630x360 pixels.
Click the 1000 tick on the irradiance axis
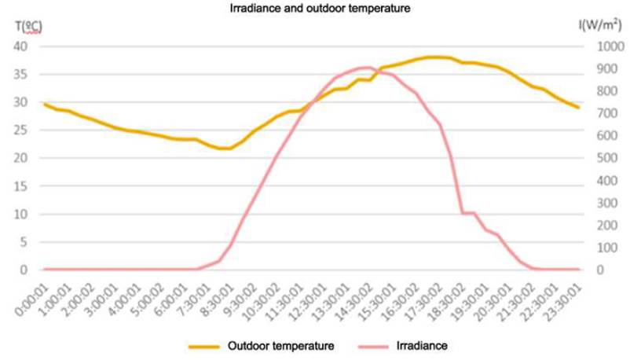606,46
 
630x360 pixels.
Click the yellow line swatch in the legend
205,346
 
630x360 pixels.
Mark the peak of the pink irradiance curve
366,68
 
